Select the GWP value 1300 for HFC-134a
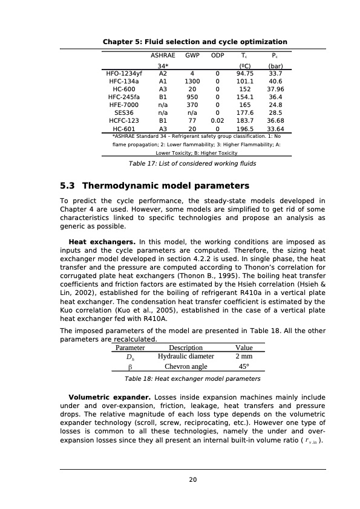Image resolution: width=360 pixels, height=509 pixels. tap(192, 83)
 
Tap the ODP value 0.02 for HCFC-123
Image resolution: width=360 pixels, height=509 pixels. tap(217, 121)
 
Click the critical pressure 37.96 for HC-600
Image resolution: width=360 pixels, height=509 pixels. tap(275, 92)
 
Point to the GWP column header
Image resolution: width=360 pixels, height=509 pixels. tap(192, 54)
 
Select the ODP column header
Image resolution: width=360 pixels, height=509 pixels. tap(217, 54)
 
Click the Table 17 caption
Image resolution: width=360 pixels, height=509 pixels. tap(192, 163)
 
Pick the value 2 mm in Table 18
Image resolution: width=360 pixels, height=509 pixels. tap(244, 357)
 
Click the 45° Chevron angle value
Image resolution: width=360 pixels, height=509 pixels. tap(244, 366)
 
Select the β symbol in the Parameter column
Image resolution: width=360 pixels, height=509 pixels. tap(129, 367)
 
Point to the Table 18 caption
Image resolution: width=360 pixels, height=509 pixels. tap(192, 379)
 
